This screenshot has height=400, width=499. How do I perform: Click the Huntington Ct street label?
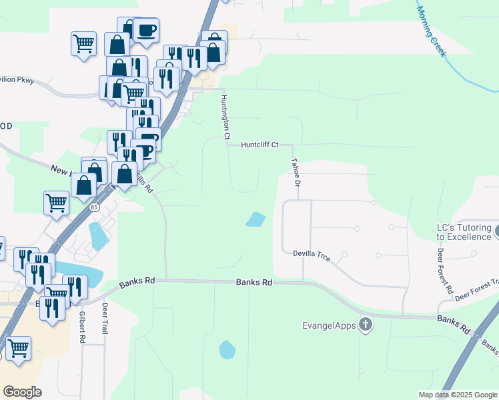225,117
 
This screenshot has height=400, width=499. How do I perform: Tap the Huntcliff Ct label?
260,144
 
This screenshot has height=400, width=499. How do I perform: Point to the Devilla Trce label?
312,253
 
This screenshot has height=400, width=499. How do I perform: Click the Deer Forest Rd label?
444,273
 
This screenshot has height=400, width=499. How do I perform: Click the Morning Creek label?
430,31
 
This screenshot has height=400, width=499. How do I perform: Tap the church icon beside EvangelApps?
365,325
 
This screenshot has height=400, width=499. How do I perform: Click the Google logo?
22,392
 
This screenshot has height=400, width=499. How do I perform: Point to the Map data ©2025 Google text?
458,395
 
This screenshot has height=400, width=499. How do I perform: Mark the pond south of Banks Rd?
227,349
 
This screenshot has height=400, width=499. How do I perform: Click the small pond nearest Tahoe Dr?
256,219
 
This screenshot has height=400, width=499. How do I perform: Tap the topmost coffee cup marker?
145,30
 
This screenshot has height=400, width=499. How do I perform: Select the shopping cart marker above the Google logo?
17,348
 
